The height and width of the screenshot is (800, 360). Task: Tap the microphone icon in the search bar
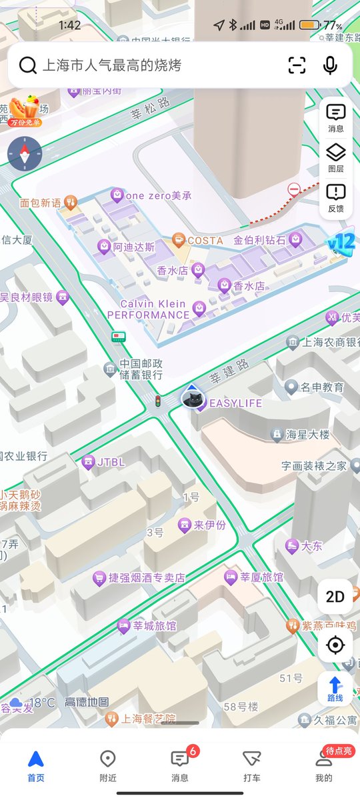click(x=330, y=65)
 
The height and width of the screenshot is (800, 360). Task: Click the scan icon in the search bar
click(x=297, y=65)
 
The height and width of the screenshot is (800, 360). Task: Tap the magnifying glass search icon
click(x=27, y=65)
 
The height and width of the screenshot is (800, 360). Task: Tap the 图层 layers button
click(x=335, y=159)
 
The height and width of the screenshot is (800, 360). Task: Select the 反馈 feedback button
click(x=335, y=199)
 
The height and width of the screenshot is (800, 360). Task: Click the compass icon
click(x=24, y=155)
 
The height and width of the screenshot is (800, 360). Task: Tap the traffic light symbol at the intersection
click(x=158, y=401)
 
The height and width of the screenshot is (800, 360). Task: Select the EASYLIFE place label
click(x=235, y=403)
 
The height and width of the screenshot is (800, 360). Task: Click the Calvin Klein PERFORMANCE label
click(x=148, y=309)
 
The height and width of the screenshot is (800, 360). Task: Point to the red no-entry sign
click(x=294, y=190)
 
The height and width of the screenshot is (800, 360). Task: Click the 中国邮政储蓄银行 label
click(x=141, y=369)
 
